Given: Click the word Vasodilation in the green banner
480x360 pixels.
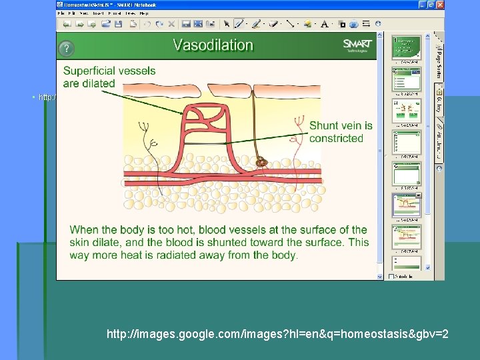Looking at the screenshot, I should pos(213,45).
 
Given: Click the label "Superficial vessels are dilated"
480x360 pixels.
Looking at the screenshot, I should pos(109,77).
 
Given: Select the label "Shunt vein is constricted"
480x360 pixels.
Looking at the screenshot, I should pos(341,132).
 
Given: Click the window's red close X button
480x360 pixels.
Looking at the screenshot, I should pos(439,5).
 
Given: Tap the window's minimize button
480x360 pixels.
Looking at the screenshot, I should pos(421,5).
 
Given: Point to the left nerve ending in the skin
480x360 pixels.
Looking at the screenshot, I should pos(148,143).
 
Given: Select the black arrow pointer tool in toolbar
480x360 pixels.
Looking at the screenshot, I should pos(227,24).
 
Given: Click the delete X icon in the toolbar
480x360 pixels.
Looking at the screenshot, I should pos(171,24).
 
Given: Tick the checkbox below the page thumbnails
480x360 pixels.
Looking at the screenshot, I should pos(391,276).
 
